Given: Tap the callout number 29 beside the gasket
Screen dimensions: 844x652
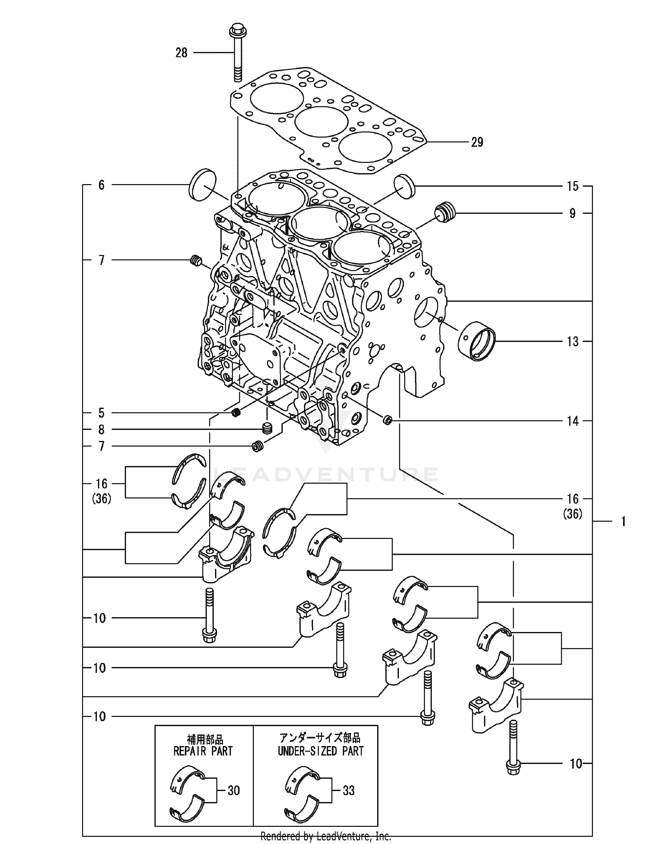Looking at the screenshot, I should (x=477, y=143).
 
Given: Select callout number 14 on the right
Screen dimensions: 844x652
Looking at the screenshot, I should (x=572, y=421).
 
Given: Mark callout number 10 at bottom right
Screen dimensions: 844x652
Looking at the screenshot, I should (x=576, y=764).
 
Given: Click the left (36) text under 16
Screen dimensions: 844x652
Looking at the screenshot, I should (x=102, y=499).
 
